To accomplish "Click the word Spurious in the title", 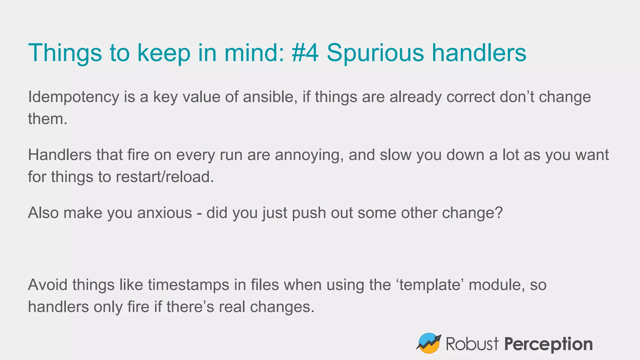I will click(x=375, y=52).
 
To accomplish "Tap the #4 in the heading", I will click(x=305, y=52).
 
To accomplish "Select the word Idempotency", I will click(x=73, y=97).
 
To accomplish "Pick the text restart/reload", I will click(x=165, y=177).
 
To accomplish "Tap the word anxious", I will click(x=164, y=213).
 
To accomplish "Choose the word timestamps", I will click(x=188, y=285).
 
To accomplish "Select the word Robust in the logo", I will click(x=472, y=344).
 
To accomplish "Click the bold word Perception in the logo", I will click(x=548, y=344).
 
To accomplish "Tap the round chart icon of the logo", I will click(x=429, y=343).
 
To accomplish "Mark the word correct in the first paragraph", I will click(x=470, y=97).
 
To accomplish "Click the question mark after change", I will click(x=499, y=213).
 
